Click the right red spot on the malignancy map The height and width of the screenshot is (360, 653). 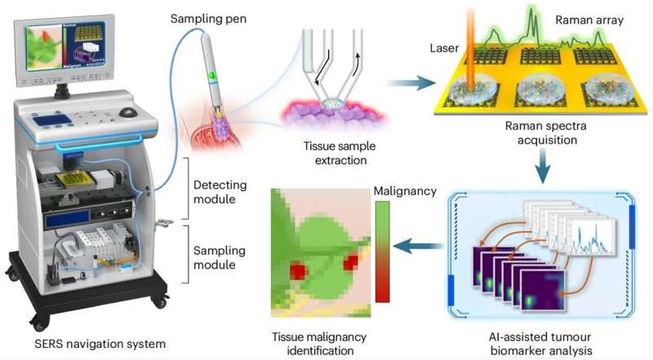coord(352,262)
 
